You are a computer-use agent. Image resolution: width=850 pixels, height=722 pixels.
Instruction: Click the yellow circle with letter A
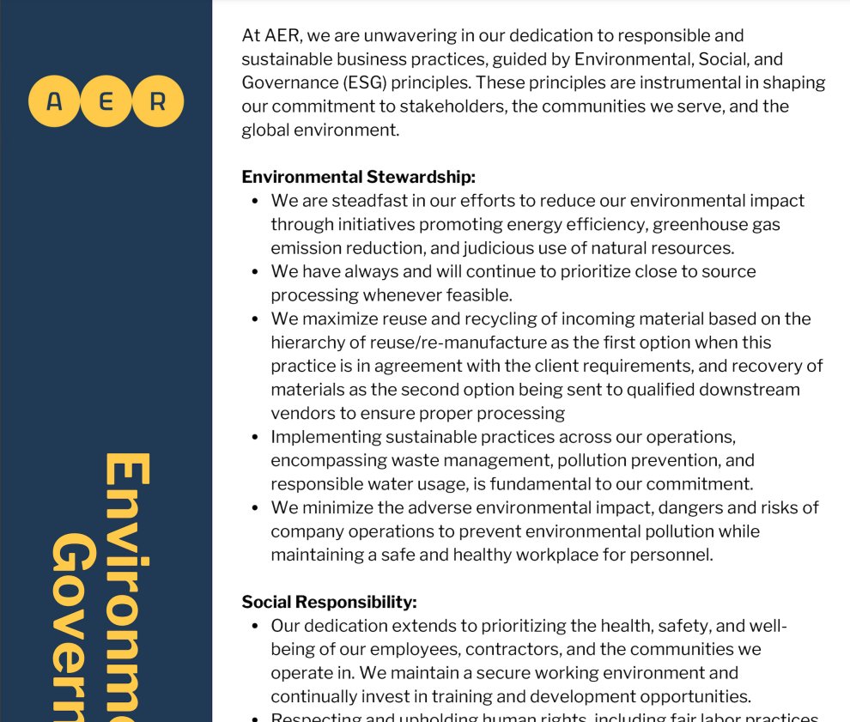point(54,101)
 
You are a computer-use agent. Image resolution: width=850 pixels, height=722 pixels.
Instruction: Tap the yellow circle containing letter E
point(106,101)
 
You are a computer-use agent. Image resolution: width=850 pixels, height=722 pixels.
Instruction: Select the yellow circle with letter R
point(158,101)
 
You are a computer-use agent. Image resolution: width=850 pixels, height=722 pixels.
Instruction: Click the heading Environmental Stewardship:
point(358,177)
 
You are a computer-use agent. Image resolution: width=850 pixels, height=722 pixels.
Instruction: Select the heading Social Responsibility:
point(329,602)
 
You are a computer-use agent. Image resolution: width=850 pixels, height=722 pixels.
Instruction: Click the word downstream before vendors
point(745,389)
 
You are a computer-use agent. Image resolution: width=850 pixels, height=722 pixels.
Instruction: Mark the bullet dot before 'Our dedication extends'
point(255,626)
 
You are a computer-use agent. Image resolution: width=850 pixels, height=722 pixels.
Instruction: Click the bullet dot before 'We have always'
point(255,271)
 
